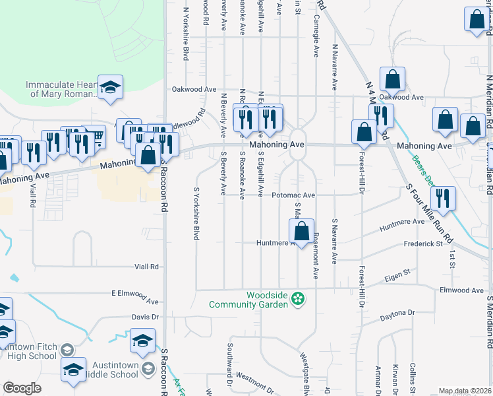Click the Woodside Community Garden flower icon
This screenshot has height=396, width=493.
(x=298, y=299)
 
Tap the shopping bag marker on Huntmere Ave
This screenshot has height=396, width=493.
(x=301, y=232)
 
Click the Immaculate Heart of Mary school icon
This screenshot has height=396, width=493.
(x=111, y=87)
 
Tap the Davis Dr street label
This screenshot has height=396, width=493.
(x=146, y=317)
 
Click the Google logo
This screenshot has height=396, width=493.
(x=22, y=388)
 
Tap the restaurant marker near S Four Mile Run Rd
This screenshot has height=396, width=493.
(x=443, y=199)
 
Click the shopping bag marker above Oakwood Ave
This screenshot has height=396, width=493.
(x=392, y=80)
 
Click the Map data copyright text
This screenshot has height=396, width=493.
(x=465, y=391)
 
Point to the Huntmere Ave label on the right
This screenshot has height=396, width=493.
(x=402, y=222)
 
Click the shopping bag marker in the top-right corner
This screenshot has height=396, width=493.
(x=476, y=20)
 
